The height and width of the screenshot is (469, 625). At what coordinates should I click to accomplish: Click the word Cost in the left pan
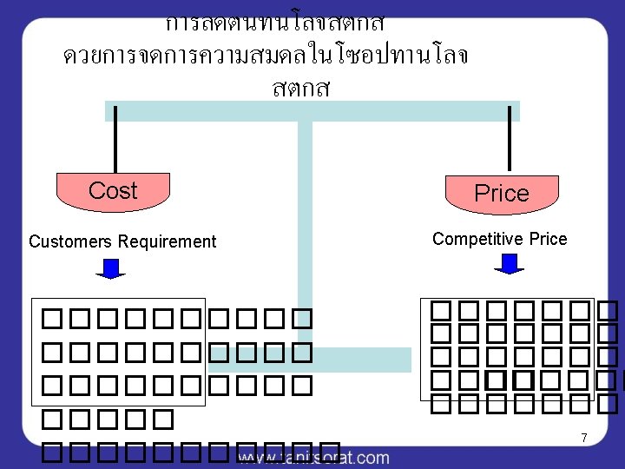coord(113,191)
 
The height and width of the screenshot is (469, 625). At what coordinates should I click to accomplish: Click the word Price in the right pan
coord(501,194)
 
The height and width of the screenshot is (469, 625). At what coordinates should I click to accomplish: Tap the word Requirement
coord(167,241)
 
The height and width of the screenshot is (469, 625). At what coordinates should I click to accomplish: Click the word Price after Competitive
coord(548,239)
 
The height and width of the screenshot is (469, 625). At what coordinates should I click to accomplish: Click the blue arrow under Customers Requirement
coord(110,268)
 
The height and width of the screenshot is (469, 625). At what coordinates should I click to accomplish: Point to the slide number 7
coord(584,439)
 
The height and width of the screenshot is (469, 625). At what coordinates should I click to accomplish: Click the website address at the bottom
coord(312,457)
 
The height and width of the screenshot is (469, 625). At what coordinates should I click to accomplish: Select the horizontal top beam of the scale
coord(312,111)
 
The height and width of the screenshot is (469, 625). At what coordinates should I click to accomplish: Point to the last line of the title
coord(301,89)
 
